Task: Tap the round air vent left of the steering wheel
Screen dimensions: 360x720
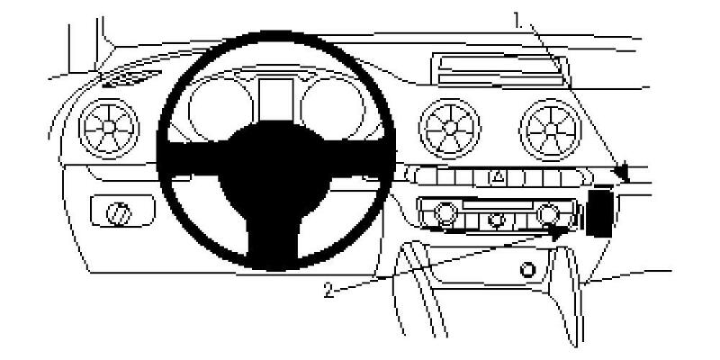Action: [107, 126]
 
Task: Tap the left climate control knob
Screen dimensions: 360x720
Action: [443, 214]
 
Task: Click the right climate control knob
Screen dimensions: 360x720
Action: [546, 214]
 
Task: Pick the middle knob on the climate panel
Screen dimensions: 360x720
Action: [495, 217]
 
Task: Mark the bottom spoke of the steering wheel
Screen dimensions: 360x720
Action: [270, 225]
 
